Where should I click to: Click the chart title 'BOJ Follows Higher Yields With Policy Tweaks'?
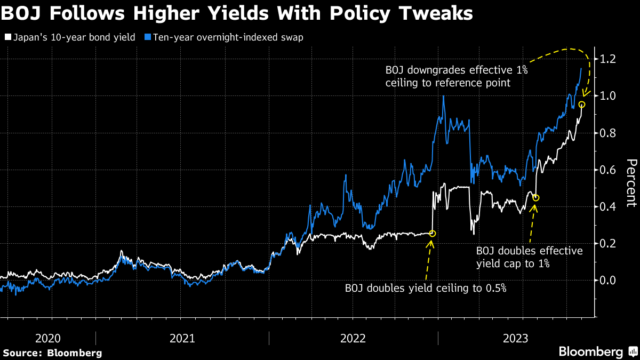coord(237,13)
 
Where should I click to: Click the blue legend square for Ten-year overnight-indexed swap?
coord(148,38)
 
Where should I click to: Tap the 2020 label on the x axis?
coord(48,338)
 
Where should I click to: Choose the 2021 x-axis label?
coord(182,338)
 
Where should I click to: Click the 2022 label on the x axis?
coord(353,338)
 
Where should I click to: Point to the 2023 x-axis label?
coord(516,338)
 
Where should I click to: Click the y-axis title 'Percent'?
coord(631,182)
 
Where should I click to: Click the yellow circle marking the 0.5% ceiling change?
coord(433,233)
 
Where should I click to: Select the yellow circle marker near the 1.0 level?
coord(582,105)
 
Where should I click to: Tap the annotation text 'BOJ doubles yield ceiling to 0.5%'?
coord(425,289)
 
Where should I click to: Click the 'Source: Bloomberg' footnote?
coord(52,353)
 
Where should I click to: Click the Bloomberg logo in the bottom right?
coord(596,352)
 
